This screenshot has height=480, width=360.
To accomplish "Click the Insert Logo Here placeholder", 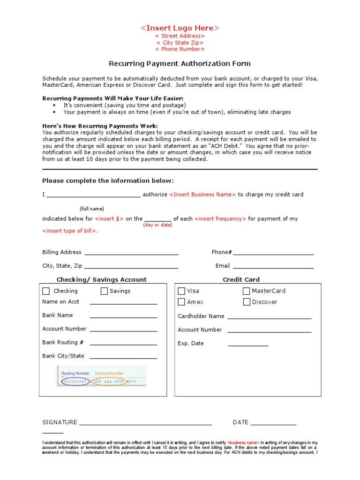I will point(180,28).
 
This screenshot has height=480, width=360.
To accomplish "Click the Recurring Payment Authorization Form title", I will point(180,63).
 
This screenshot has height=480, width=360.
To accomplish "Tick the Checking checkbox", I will point(46,291).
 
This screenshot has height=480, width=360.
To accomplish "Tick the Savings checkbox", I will point(104,291).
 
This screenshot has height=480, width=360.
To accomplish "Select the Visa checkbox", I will point(181,291).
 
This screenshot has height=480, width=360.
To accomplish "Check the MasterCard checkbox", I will point(247,291).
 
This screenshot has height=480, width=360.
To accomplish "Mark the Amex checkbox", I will point(181,302).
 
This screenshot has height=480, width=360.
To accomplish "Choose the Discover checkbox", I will point(247,302).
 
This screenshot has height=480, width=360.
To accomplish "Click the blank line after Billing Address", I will point(131,254).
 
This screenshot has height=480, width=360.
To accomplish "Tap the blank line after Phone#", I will point(273,254).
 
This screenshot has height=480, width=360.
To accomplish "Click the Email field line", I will point(273,267).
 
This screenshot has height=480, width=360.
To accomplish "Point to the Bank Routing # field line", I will point(123,344).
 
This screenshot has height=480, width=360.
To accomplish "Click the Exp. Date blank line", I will point(248,345).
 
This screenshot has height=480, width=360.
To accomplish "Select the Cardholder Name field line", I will point(269,318).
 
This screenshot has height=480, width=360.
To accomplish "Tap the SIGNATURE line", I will point(145,424).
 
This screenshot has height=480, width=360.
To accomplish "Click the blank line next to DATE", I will point(273,424).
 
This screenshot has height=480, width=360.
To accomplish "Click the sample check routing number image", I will point(101,376).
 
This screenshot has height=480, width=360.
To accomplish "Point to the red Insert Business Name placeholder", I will point(202,195).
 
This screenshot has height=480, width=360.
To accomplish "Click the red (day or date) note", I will point(157,225).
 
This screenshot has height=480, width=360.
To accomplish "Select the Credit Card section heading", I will point(241,280).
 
